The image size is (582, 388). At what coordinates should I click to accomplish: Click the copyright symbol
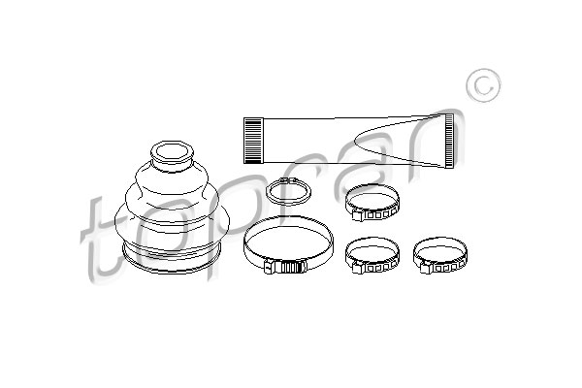point(483,85)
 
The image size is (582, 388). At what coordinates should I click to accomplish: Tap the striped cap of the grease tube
point(253,141)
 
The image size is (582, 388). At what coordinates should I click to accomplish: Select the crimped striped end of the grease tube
point(449,141)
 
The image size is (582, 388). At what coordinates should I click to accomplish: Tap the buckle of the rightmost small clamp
point(426,267)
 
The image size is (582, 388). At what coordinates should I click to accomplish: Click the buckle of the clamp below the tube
point(357,214)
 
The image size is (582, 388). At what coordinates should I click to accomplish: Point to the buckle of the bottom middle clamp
point(357,267)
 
